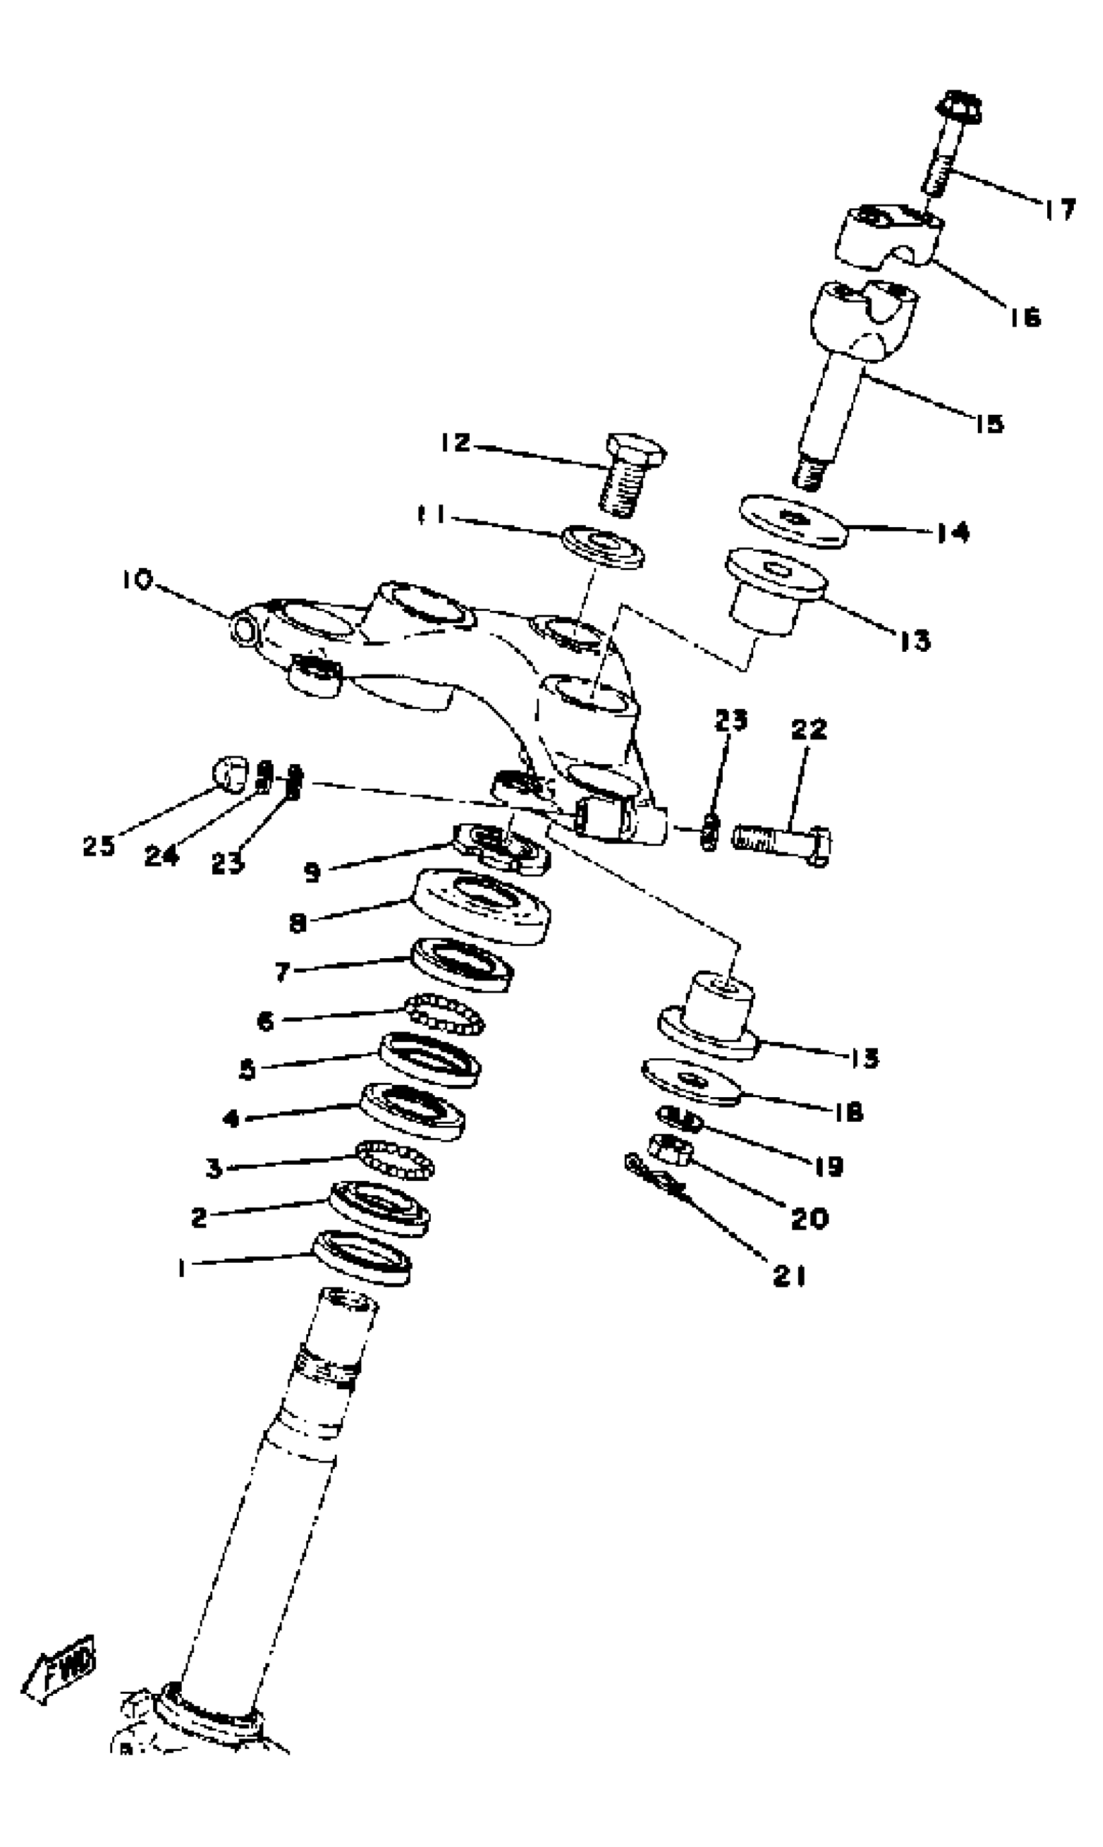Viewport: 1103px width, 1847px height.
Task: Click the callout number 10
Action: point(138,579)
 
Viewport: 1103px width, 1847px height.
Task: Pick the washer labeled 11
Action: point(602,547)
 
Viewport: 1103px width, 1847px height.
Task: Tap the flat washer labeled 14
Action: point(793,521)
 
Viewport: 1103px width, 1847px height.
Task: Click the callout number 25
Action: point(99,846)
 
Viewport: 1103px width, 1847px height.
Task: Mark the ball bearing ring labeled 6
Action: point(445,1015)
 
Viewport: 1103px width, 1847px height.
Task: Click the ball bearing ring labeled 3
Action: point(394,1160)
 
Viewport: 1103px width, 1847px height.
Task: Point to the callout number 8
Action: point(298,923)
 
